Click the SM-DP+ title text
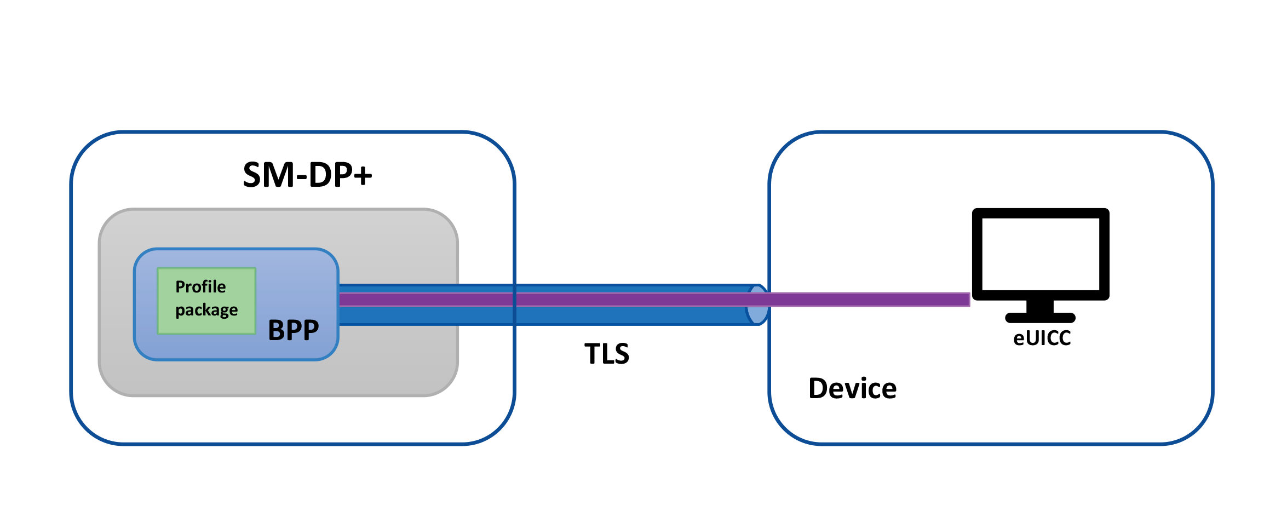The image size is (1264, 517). click(307, 175)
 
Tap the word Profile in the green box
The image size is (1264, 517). click(200, 286)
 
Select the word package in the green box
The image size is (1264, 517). click(206, 310)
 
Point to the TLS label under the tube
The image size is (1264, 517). click(607, 354)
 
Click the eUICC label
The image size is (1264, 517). click(1042, 338)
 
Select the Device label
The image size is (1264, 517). click(852, 388)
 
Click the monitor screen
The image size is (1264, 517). click(1041, 254)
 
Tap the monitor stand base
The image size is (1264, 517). click(1040, 318)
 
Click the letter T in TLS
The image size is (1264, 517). click(593, 354)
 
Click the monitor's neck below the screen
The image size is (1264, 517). click(1040, 306)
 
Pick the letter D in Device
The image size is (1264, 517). click(818, 388)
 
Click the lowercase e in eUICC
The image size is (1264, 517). click(1019, 339)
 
